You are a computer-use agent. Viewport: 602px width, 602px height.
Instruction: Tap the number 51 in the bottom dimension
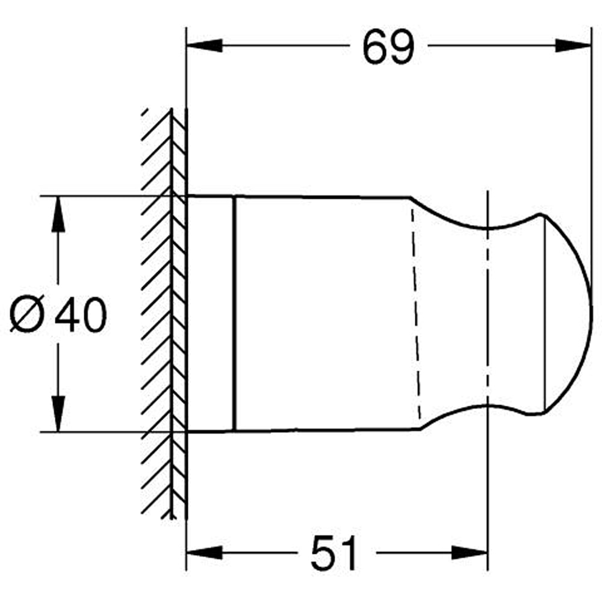(x=334, y=554)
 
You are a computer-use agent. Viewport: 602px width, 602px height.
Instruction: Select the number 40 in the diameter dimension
(x=80, y=315)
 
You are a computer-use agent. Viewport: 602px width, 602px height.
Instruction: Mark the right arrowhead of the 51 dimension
(x=470, y=553)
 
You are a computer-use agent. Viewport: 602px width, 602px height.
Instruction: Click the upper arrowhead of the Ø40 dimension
(x=58, y=214)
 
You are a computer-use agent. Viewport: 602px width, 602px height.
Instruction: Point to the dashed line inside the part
(x=415, y=313)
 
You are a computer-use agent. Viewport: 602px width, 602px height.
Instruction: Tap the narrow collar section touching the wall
(x=211, y=314)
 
